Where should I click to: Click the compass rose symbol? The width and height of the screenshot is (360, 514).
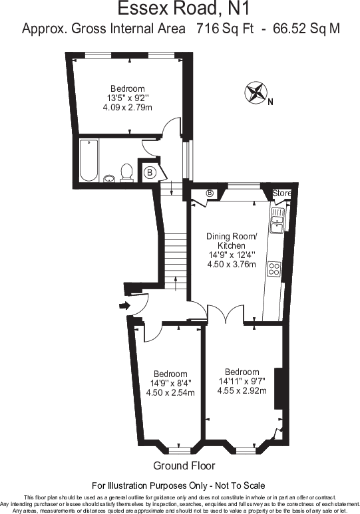pyautogui.click(x=256, y=92)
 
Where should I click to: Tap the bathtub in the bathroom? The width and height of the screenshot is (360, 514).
pyautogui.click(x=89, y=160)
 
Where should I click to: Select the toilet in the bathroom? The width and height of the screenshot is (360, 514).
pyautogui.click(x=126, y=172)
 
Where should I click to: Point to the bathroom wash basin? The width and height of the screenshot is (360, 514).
pyautogui.click(x=109, y=178)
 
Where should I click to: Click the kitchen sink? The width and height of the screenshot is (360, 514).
pyautogui.click(x=277, y=221)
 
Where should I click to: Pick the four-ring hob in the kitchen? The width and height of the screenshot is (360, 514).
pyautogui.click(x=274, y=269)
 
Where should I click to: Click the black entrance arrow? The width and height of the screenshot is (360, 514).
pyautogui.click(x=124, y=306)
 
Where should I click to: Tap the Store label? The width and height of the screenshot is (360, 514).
pyautogui.click(x=281, y=193)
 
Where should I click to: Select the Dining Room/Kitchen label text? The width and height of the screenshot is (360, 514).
pyautogui.click(x=232, y=241)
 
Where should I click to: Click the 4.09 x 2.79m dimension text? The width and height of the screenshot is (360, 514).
pyautogui.click(x=127, y=107)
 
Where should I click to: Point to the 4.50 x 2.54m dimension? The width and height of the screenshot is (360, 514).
pyautogui.click(x=170, y=392)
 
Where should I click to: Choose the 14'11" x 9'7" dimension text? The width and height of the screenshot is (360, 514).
pyautogui.click(x=242, y=381)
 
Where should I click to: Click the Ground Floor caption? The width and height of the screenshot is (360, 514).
pyautogui.click(x=184, y=465)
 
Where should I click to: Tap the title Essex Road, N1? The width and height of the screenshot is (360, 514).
pyautogui.click(x=184, y=8)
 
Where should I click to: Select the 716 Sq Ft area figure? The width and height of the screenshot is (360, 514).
pyautogui.click(x=225, y=29)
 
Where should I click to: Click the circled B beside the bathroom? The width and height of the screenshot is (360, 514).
pyautogui.click(x=150, y=172)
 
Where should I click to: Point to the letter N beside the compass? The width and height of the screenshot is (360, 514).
pyautogui.click(x=270, y=102)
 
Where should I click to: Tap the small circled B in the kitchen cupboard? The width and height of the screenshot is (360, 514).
pyautogui.click(x=210, y=193)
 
